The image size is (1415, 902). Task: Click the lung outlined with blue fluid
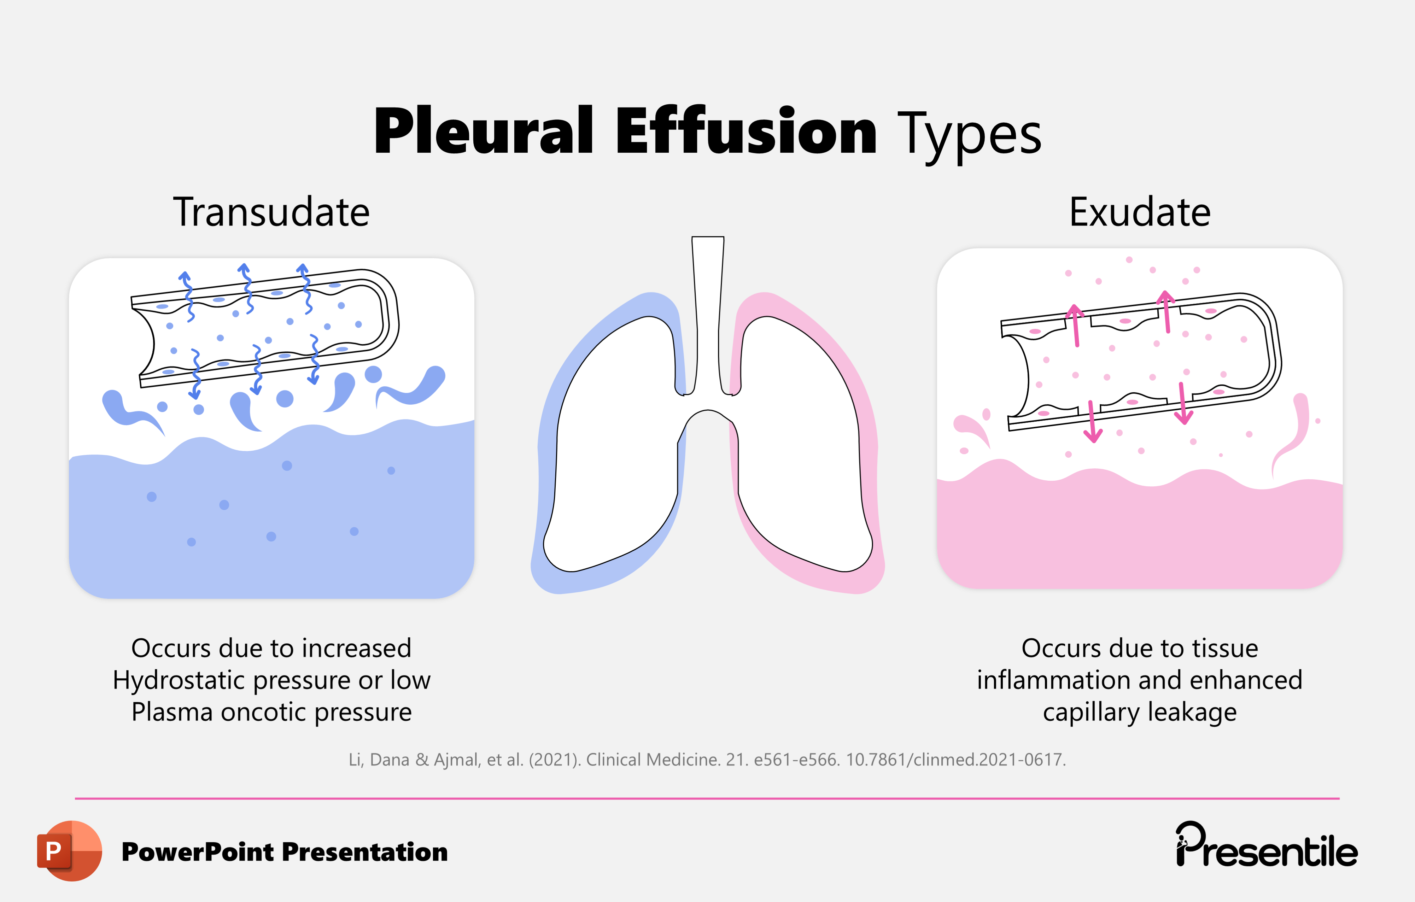click(x=617, y=447)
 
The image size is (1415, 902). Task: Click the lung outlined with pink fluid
click(x=799, y=447)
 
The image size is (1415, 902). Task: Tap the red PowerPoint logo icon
click(x=69, y=850)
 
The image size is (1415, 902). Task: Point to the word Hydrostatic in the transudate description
click(x=179, y=680)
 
